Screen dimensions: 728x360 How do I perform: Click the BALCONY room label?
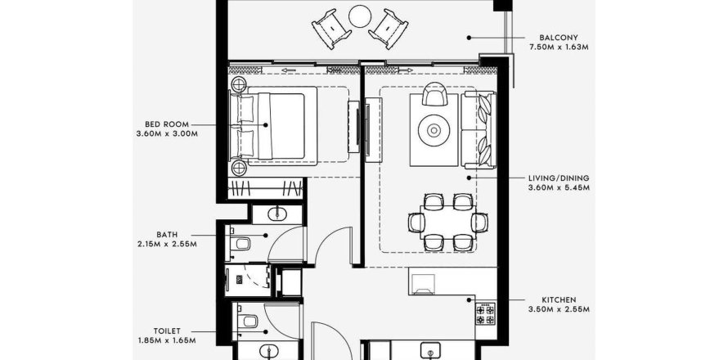(559, 37)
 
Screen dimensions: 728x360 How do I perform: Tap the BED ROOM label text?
(167, 124)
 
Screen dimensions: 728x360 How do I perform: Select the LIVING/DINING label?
(559, 178)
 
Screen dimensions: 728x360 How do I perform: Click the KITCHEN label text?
(559, 300)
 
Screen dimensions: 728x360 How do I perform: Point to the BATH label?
(167, 235)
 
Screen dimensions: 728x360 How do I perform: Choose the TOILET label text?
(167, 331)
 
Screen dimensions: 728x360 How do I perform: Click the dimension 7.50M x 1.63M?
(559, 47)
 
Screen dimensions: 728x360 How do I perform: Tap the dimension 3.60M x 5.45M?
(559, 187)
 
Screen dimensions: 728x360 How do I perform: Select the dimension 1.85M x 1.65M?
(167, 340)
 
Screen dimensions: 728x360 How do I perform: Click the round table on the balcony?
(360, 16)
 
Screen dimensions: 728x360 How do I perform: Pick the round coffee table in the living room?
(434, 131)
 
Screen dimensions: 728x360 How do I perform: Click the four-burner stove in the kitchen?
(486, 314)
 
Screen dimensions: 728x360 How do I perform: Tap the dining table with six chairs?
(447, 223)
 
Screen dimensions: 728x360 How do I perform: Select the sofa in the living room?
(479, 129)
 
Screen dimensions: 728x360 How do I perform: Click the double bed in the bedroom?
(274, 126)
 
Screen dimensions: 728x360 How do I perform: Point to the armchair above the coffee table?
(434, 94)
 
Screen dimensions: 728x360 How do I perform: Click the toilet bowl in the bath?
(241, 243)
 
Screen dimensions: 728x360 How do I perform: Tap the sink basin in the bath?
(277, 214)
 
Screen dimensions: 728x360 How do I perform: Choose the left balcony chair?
(331, 29)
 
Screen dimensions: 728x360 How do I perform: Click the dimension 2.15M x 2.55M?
(167, 245)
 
